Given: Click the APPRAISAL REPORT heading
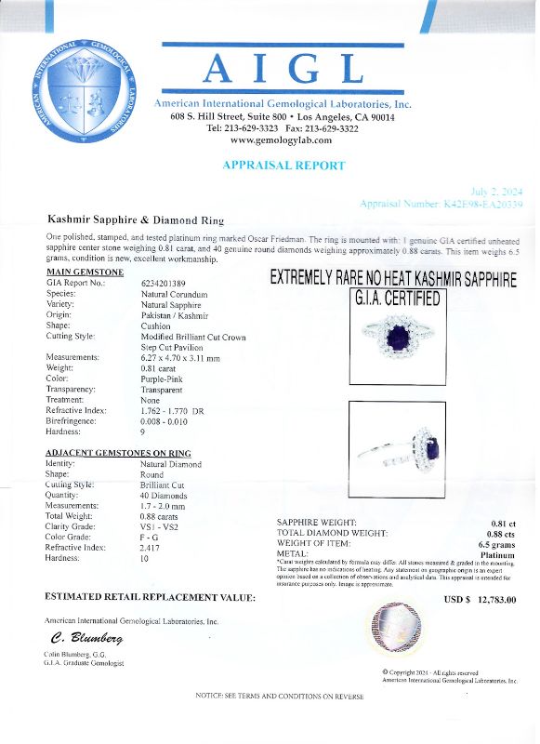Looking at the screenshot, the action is point(283,166).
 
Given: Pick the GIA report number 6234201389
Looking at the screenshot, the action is point(163,283).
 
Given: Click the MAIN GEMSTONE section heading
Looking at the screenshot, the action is point(84,272).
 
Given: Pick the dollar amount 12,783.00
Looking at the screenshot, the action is point(495,599).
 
